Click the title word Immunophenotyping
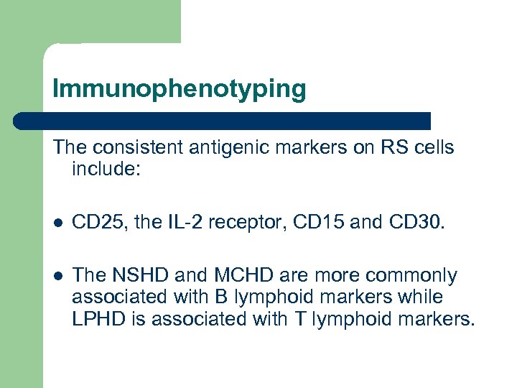click(179, 90)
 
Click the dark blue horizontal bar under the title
click(223, 121)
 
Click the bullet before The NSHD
click(57, 276)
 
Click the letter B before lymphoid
click(215, 297)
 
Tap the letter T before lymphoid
click(302, 319)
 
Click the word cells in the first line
click(428, 148)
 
